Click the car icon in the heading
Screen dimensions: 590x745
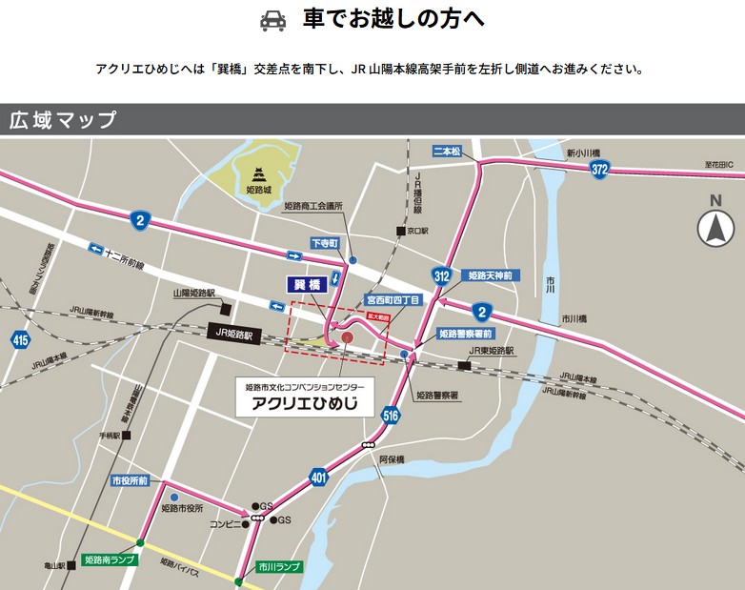point(272,21)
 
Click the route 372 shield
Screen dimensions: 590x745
point(598,169)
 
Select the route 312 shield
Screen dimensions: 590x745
point(441,275)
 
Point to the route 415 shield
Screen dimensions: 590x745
point(20,338)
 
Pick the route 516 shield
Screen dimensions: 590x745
point(391,415)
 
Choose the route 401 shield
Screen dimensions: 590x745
point(318,478)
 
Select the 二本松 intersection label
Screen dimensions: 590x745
point(446,151)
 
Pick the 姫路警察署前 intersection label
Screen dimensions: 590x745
point(466,335)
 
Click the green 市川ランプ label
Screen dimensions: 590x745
point(279,566)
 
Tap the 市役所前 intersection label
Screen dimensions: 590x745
point(129,481)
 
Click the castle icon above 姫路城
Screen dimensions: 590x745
point(259,173)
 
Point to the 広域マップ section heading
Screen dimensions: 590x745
point(63,120)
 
